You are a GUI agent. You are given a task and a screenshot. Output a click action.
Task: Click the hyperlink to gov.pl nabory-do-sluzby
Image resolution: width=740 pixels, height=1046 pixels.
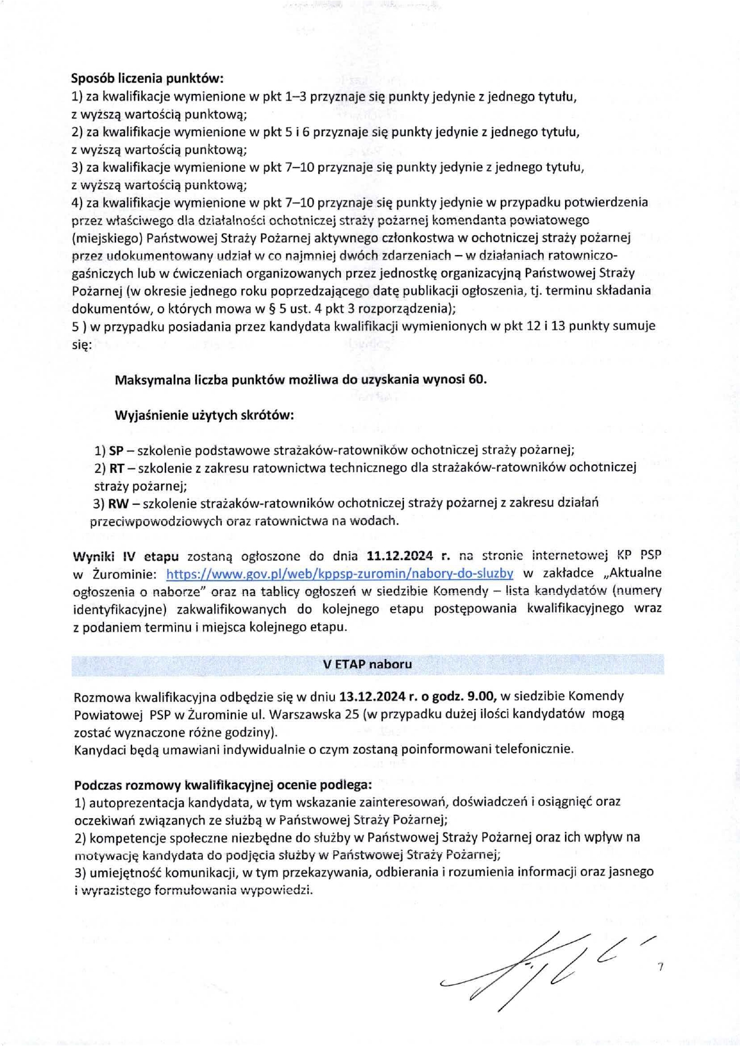click(x=339, y=573)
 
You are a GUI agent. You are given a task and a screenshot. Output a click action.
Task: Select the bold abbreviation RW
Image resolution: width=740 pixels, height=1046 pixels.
click(x=117, y=504)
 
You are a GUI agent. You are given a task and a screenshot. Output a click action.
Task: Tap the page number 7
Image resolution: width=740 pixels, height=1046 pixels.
click(x=660, y=968)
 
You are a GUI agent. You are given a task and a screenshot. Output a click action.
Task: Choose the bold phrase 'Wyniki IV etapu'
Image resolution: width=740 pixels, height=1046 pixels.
click(x=126, y=556)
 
